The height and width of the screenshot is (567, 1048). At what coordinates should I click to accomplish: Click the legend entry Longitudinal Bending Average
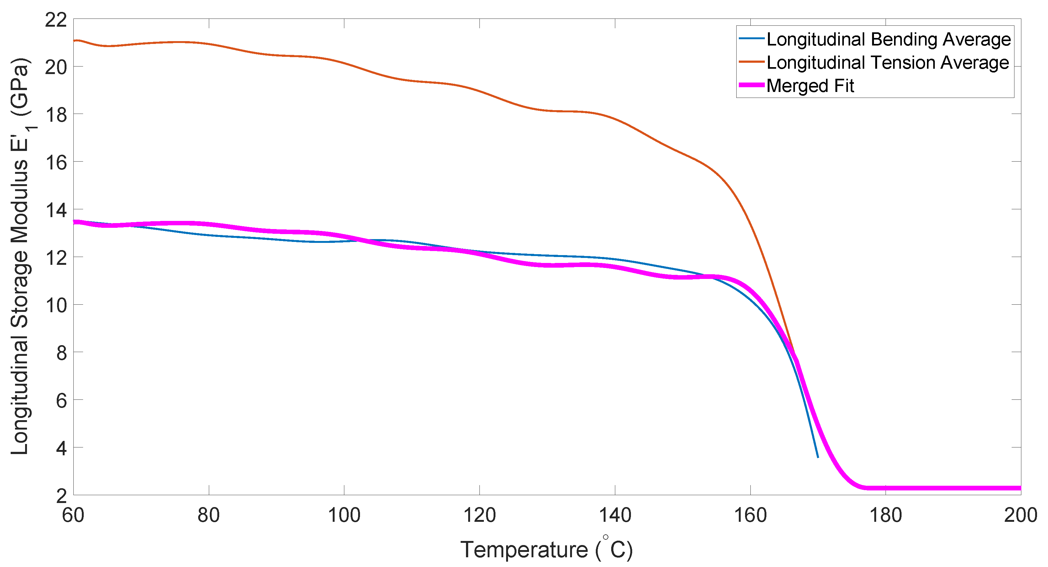click(888, 40)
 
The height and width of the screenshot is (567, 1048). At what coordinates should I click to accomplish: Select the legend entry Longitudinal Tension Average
click(888, 63)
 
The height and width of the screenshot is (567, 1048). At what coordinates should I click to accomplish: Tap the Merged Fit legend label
click(810, 86)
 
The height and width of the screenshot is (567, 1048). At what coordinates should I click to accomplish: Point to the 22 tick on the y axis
click(56, 19)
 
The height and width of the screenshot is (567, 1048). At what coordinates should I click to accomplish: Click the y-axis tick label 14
click(56, 210)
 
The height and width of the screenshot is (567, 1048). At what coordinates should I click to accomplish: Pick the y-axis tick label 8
click(61, 353)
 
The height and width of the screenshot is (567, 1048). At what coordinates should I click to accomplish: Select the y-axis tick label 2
click(61, 496)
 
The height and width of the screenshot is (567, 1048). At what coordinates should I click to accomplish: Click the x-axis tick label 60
click(73, 515)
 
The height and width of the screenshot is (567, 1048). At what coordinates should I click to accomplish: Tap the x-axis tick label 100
click(344, 515)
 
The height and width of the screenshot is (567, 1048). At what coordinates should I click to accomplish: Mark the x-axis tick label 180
click(886, 515)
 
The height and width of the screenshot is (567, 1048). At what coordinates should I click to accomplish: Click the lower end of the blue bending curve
click(818, 457)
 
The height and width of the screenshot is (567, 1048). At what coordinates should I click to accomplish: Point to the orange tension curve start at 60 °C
click(74, 41)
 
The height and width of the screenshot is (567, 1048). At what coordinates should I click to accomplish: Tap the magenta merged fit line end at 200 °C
click(1019, 488)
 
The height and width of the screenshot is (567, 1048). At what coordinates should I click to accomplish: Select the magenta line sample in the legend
click(751, 85)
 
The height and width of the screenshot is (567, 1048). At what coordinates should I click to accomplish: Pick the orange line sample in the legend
click(751, 62)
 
